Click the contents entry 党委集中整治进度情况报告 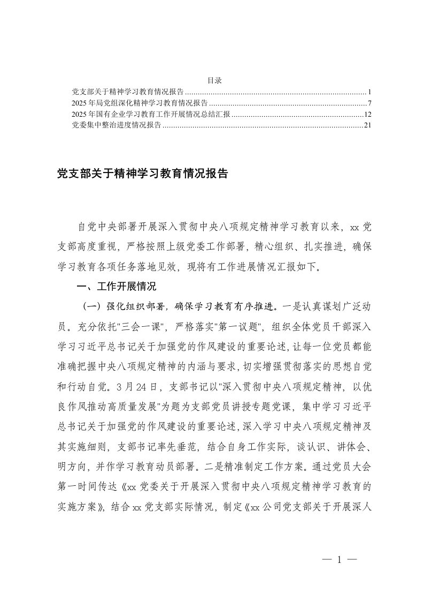pos(117,126)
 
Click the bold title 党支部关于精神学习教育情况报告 pos(143,174)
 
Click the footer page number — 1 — pos(339,560)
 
